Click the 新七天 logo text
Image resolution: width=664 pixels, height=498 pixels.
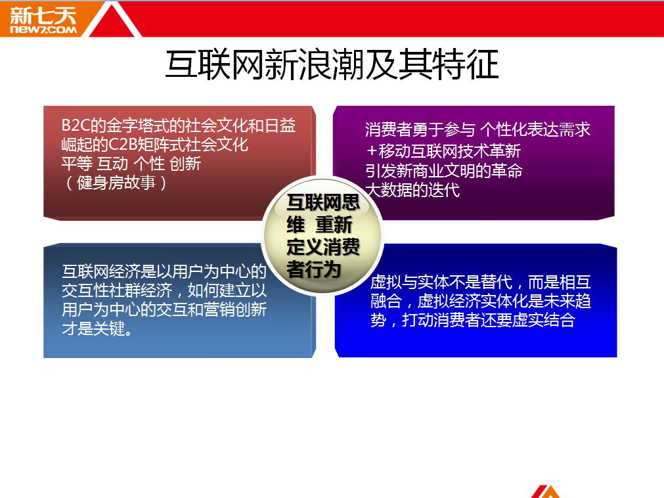click(43, 15)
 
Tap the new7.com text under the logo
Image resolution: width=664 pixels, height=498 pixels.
click(43, 30)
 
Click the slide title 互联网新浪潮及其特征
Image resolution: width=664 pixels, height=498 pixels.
click(332, 64)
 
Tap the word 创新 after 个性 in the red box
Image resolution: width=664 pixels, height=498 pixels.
click(185, 164)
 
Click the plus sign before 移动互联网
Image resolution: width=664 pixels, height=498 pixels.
click(371, 150)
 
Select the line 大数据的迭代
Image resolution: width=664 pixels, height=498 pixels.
click(412, 189)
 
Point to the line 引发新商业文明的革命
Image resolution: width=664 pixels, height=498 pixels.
click(444, 170)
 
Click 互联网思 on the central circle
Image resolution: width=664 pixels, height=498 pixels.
click(323, 202)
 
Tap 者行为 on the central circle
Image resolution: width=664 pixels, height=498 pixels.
click(313, 269)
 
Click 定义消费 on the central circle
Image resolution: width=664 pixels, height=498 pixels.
click(323, 246)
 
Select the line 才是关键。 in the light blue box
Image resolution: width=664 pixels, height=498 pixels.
click(97, 328)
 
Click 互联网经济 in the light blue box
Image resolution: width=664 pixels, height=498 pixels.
click(100, 271)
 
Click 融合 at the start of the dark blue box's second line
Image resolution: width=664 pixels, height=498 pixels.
click(386, 300)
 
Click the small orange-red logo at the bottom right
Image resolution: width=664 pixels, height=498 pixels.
click(547, 491)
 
